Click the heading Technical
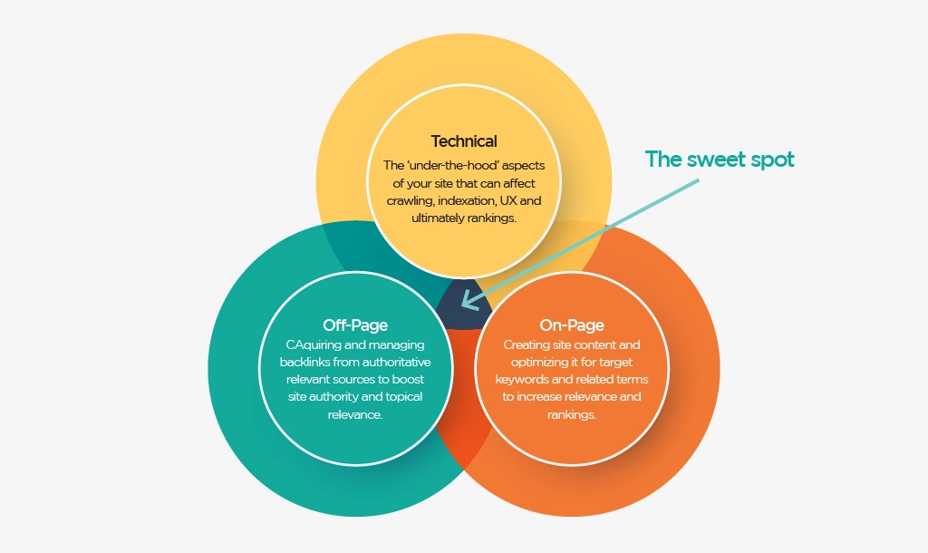coord(464,141)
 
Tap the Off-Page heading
coord(355,325)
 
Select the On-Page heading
coord(572,325)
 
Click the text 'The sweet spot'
coord(720,160)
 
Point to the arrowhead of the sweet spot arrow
coord(469,300)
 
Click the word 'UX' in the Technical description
coord(508,200)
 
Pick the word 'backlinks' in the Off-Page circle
coord(304,362)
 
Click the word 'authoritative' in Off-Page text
coord(397,362)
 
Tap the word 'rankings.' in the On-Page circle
coord(572,414)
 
